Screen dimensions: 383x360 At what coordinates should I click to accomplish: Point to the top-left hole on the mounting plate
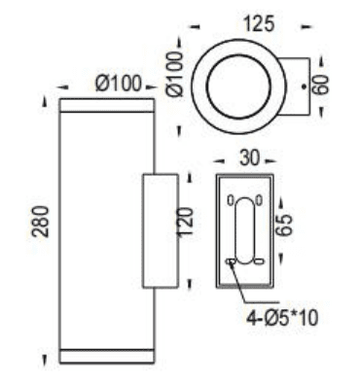coord(231,201)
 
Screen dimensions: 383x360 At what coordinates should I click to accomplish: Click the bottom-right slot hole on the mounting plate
coord(260,261)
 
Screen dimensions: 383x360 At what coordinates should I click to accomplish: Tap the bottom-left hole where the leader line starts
coord(231,261)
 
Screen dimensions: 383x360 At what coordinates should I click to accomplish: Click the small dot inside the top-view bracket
coord(305,87)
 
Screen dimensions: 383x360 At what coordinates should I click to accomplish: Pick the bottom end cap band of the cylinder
coord(107,355)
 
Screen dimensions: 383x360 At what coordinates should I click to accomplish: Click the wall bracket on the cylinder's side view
coord(161,230)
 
